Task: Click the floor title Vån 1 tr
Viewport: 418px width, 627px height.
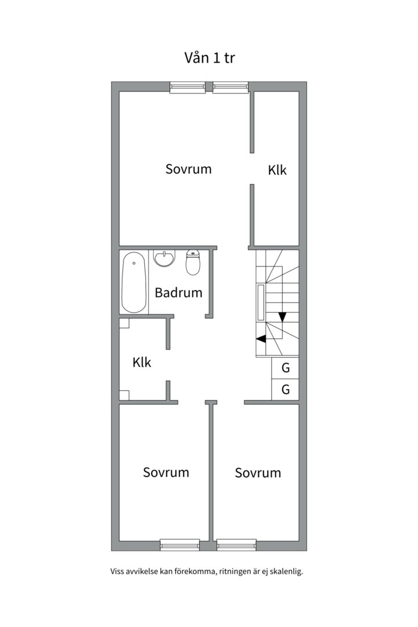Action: coord(209,57)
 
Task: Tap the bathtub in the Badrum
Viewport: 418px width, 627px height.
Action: coord(134,282)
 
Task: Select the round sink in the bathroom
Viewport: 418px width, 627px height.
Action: coord(164,258)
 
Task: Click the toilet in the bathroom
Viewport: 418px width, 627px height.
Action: coord(193,262)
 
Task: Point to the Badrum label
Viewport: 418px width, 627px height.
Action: coord(178,293)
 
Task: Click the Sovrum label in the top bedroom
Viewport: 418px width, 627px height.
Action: coord(189,169)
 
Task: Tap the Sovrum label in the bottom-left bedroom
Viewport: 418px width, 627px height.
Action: coord(166,472)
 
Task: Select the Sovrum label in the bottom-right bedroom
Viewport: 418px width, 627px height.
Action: coord(258,473)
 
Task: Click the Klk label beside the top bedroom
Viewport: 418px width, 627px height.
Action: coord(277,170)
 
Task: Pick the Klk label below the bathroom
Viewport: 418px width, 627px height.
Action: coord(142,362)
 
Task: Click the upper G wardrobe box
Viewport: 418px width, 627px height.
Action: coord(285,367)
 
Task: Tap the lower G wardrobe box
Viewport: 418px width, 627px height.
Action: coord(285,389)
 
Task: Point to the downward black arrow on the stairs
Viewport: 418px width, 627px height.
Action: coord(282,317)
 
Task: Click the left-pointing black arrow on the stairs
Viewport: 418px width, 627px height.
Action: coord(261,338)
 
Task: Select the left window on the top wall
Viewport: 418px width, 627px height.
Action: coord(188,88)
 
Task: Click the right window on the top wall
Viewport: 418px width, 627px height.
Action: coord(230,88)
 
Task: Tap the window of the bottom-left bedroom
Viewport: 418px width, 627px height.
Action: coord(179,545)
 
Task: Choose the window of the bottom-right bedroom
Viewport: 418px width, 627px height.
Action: coord(236,545)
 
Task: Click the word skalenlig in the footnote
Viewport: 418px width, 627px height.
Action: coord(286,571)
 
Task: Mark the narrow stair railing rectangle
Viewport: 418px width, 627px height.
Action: coord(261,302)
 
